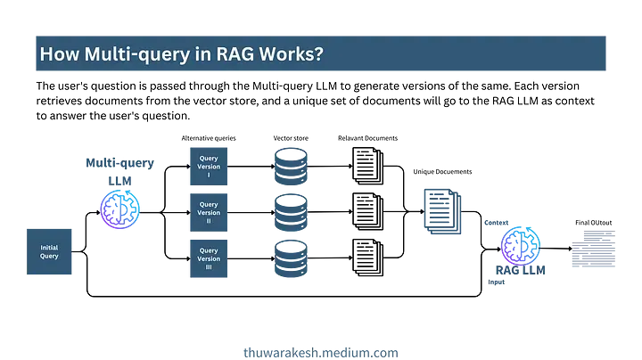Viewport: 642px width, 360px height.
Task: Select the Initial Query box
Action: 49,251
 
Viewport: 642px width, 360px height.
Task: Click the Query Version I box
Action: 209,167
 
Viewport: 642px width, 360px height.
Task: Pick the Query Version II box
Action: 209,213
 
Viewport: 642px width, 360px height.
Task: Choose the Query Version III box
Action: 209,258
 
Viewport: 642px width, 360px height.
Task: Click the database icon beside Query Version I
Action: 291,167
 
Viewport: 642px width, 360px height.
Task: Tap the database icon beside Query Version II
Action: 291,213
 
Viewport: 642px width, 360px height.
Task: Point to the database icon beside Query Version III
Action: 291,258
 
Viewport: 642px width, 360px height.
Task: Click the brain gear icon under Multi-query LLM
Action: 119,208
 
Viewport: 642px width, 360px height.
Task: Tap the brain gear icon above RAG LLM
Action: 520,244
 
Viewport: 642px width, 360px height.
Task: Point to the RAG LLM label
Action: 520,270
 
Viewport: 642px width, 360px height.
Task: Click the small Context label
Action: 496,222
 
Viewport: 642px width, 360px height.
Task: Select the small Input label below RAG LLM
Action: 496,282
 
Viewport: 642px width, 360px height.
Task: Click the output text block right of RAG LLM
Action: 593,249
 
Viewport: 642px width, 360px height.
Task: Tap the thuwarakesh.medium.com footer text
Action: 321,352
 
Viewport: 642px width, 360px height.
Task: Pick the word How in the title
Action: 56,54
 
